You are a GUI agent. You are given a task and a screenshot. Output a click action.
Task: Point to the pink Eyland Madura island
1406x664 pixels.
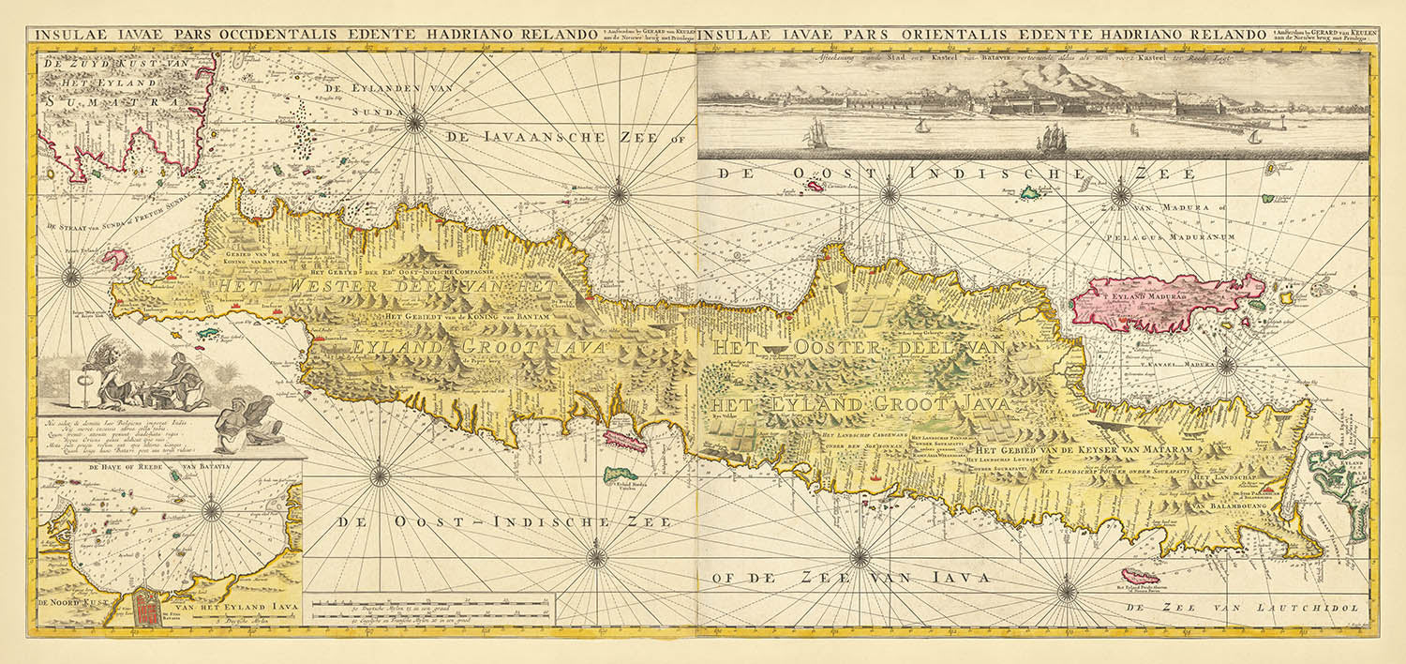1167,303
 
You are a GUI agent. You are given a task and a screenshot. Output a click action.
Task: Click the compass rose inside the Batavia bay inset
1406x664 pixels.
212,511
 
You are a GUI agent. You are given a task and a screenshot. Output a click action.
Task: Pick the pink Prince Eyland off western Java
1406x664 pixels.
115,258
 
